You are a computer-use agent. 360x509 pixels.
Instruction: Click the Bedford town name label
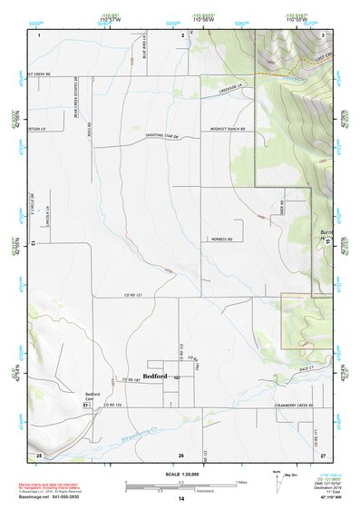157,377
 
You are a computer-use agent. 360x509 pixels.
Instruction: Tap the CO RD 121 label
135,297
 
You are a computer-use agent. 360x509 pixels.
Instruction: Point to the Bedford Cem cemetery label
92,396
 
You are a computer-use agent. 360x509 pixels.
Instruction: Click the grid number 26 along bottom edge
181,455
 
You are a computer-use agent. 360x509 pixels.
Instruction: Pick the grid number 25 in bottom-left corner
38,453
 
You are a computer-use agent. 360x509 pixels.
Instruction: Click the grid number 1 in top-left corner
39,34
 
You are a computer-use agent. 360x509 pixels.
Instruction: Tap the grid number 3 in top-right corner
324,34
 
